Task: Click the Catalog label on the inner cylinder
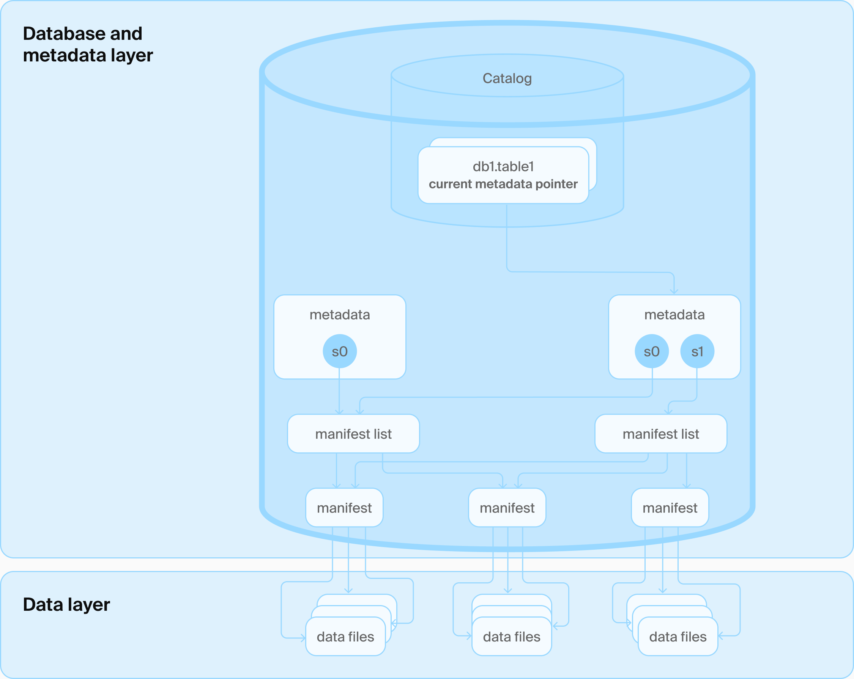(x=507, y=78)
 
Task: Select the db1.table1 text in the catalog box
(x=503, y=166)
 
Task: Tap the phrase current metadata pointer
(x=503, y=184)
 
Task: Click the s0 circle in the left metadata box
(x=339, y=351)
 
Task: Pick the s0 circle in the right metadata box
(x=652, y=351)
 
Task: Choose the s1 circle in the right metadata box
(x=697, y=351)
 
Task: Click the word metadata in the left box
(x=339, y=315)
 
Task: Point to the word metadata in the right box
(x=674, y=315)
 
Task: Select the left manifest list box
(x=353, y=434)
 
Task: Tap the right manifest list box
(x=660, y=434)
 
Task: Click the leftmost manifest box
(x=344, y=508)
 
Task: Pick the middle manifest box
(x=507, y=508)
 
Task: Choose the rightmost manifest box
(x=670, y=508)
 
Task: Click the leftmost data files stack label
(x=345, y=637)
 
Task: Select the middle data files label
(x=511, y=637)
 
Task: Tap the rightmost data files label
(x=678, y=637)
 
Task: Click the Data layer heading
(x=66, y=604)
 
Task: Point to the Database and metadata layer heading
(x=88, y=44)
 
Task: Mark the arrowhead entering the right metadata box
(x=674, y=292)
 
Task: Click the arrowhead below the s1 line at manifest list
(x=668, y=412)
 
